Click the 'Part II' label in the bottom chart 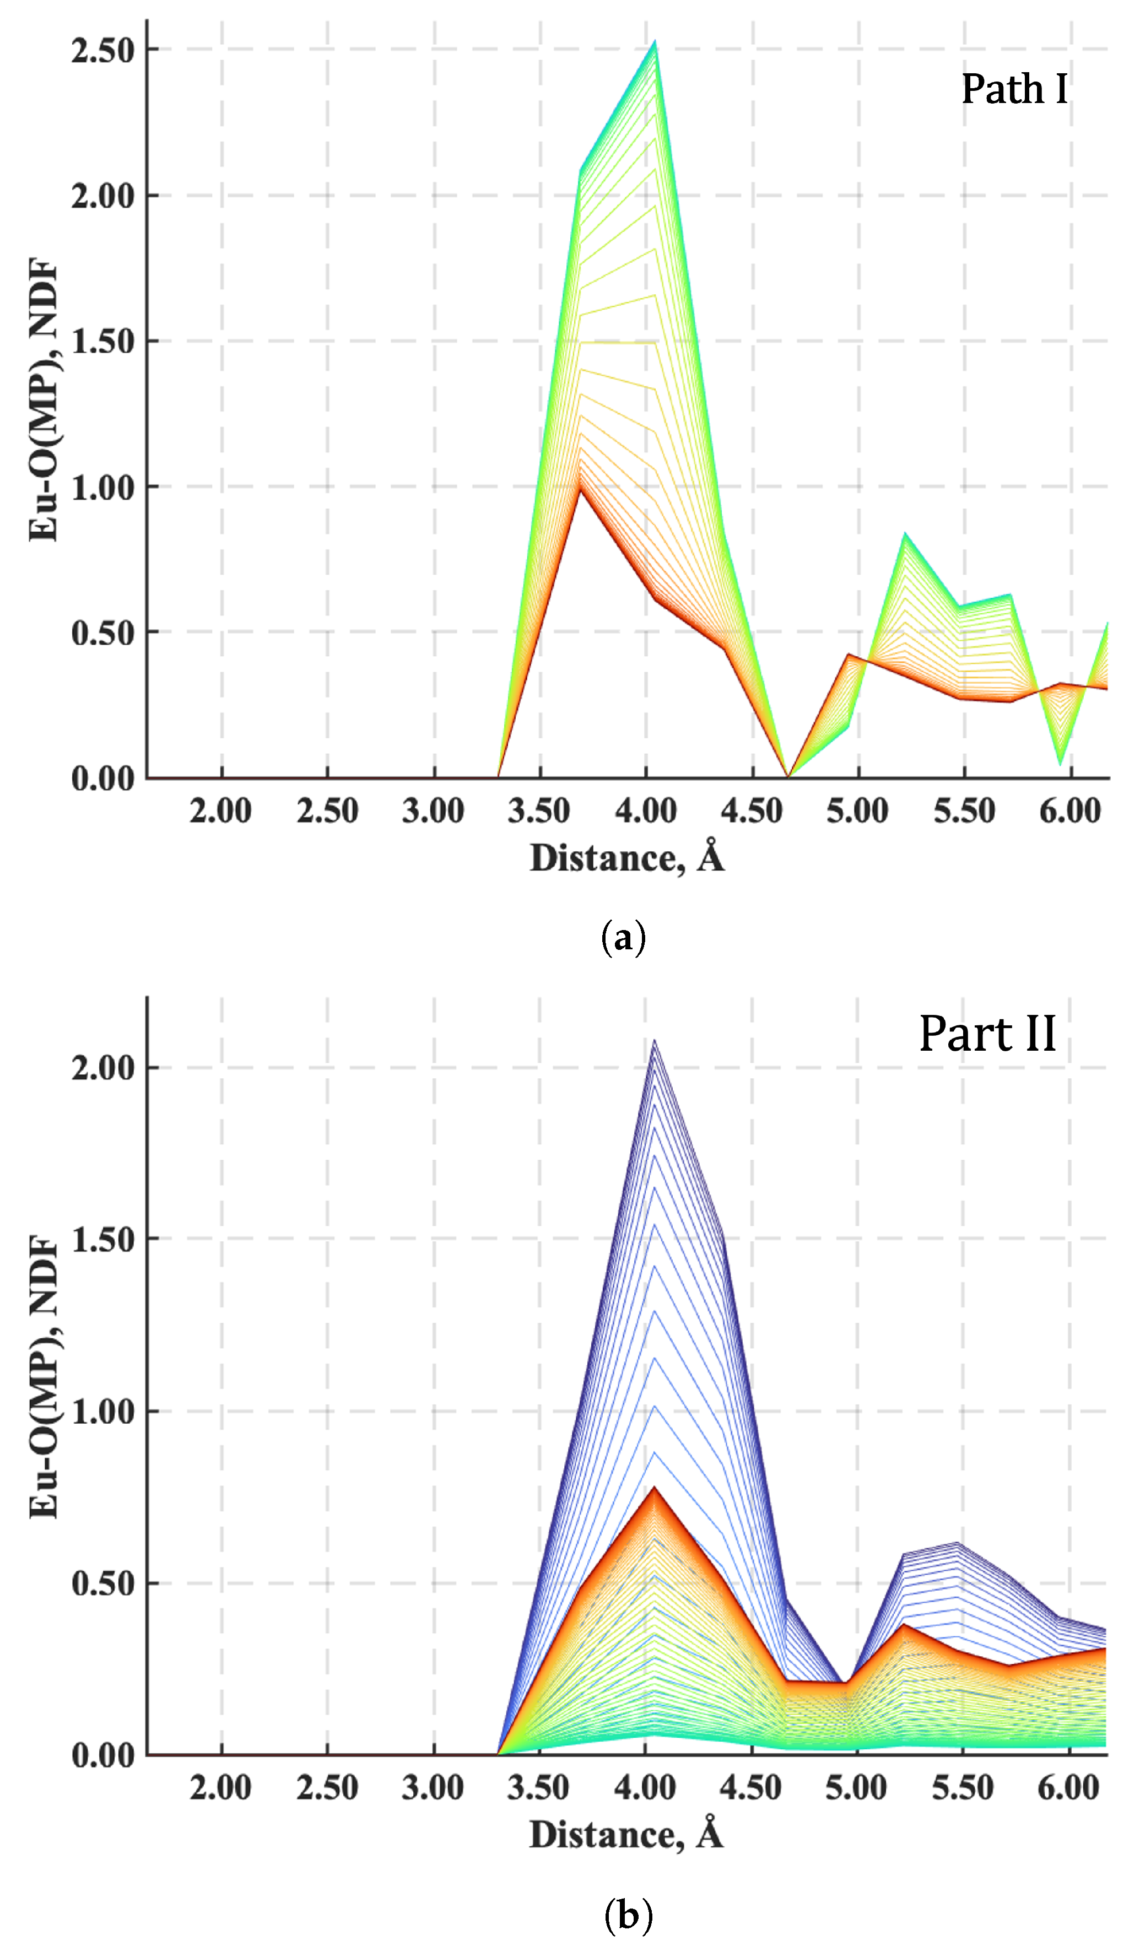pyautogui.click(x=986, y=1034)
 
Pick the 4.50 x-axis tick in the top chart pyautogui.click(x=752, y=812)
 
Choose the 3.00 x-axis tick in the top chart pyautogui.click(x=433, y=812)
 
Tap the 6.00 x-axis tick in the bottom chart pyautogui.click(x=1069, y=1788)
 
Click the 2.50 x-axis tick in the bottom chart pyautogui.click(x=327, y=1788)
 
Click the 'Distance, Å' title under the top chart pyautogui.click(x=626, y=857)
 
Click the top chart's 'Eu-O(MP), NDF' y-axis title pyautogui.click(x=44, y=400)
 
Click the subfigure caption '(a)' pyautogui.click(x=623, y=938)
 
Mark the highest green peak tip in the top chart pyautogui.click(x=655, y=42)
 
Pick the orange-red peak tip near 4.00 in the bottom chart pyautogui.click(x=654, y=1487)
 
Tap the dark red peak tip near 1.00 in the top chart pyautogui.click(x=579, y=486)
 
